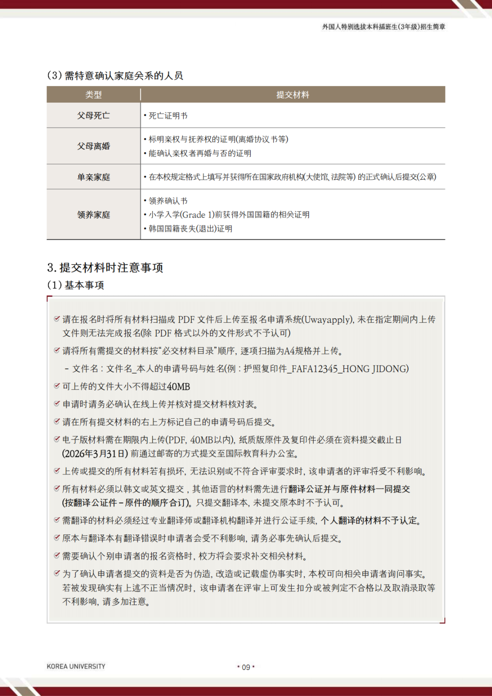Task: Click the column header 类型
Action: (93, 95)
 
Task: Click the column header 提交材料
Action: (292, 95)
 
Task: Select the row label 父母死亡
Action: (93, 116)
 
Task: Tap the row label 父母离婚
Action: (93, 146)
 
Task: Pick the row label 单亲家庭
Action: (93, 177)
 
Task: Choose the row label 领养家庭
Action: (93, 215)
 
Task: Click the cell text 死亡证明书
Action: (168, 116)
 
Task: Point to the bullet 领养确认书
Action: (168, 201)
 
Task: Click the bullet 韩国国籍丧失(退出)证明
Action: (190, 229)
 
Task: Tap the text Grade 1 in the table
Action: (196, 215)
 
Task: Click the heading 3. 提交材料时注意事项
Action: (105, 268)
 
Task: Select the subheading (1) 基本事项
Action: (76, 285)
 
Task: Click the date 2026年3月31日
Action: (95, 454)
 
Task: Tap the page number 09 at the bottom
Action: (246, 667)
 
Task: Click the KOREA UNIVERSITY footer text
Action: (76, 666)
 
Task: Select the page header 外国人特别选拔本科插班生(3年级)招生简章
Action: (384, 27)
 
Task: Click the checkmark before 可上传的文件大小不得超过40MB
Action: (57, 386)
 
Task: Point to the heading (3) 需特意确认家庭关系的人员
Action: (115, 76)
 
